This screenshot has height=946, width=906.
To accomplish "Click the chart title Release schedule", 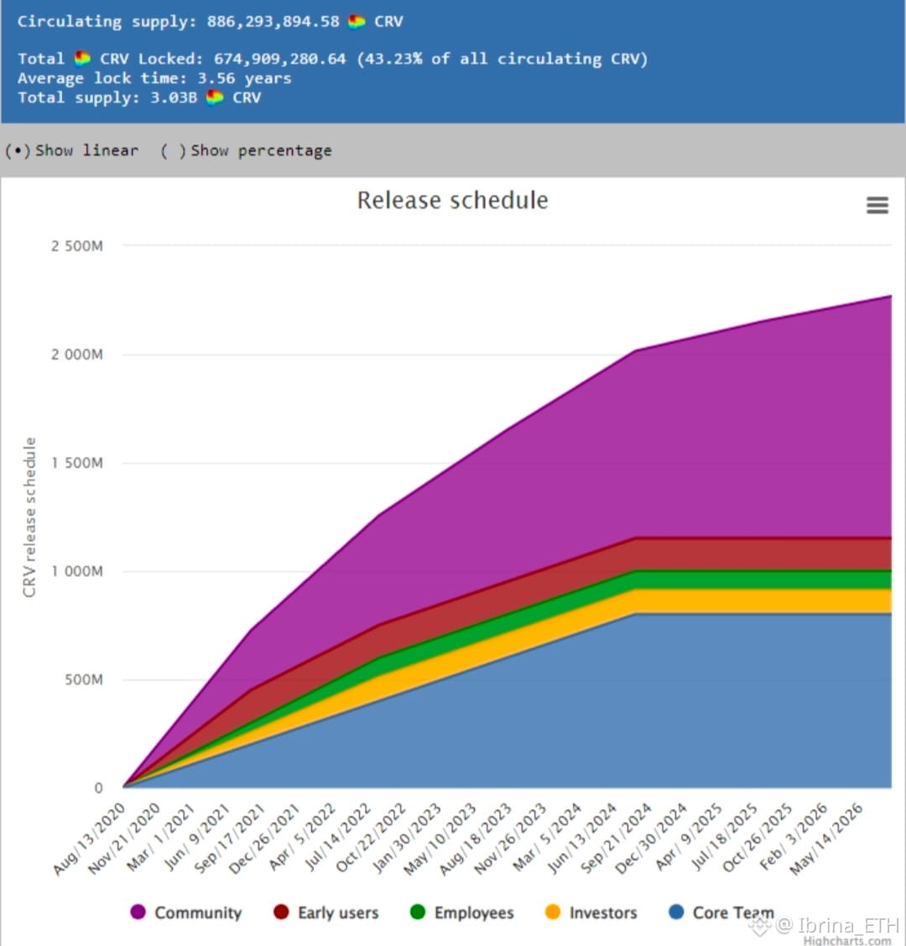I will [x=452, y=200].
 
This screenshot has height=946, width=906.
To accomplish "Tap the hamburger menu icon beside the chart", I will [x=877, y=205].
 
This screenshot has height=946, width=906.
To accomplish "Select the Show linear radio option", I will [x=18, y=151].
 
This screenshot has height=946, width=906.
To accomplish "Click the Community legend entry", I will [x=186, y=912].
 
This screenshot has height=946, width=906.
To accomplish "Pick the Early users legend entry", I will [x=326, y=912].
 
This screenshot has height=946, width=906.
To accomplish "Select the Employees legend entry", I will [x=462, y=912].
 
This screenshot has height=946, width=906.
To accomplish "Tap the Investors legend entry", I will [x=591, y=912].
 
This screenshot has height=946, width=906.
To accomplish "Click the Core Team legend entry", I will [x=721, y=912].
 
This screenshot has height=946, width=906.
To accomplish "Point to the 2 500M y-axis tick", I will [x=76, y=247].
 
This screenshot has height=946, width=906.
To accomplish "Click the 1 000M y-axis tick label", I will [x=76, y=571].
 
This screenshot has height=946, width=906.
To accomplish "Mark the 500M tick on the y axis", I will [x=84, y=679].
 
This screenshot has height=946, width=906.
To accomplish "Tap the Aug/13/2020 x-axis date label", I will [x=90, y=839].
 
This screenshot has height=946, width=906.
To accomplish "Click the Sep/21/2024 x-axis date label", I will [x=617, y=839].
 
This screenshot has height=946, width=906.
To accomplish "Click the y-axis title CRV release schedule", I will [x=30, y=517].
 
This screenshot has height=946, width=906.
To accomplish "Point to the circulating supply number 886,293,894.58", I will [x=273, y=22].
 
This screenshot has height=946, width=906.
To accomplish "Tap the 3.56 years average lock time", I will [x=244, y=78].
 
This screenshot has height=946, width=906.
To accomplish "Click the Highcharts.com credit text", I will [x=846, y=940].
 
